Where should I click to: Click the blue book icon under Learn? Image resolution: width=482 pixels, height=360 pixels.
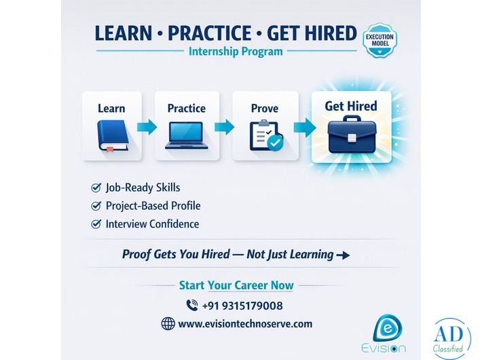click(x=112, y=136)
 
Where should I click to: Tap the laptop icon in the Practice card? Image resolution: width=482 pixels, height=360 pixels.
click(x=187, y=135)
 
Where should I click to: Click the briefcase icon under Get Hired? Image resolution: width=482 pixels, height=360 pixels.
click(x=351, y=134)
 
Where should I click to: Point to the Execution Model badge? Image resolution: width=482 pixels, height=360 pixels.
click(x=380, y=40)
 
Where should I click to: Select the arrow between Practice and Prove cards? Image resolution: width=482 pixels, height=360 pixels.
click(x=225, y=126)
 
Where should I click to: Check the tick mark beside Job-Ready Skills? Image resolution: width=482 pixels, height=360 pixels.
click(x=96, y=187)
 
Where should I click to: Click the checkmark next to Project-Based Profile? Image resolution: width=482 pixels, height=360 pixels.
click(x=96, y=206)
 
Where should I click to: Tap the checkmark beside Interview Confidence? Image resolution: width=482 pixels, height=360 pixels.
click(x=96, y=224)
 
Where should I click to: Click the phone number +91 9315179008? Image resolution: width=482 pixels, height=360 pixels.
click(x=242, y=306)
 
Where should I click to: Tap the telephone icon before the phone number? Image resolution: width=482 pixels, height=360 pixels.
click(x=191, y=306)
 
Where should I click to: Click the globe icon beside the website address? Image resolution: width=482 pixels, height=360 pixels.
click(x=168, y=324)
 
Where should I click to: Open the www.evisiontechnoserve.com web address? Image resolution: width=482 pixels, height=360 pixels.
click(x=245, y=324)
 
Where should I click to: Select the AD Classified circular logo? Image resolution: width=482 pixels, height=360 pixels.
click(x=451, y=338)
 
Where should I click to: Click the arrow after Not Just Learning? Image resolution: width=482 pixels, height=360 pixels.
click(x=344, y=255)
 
